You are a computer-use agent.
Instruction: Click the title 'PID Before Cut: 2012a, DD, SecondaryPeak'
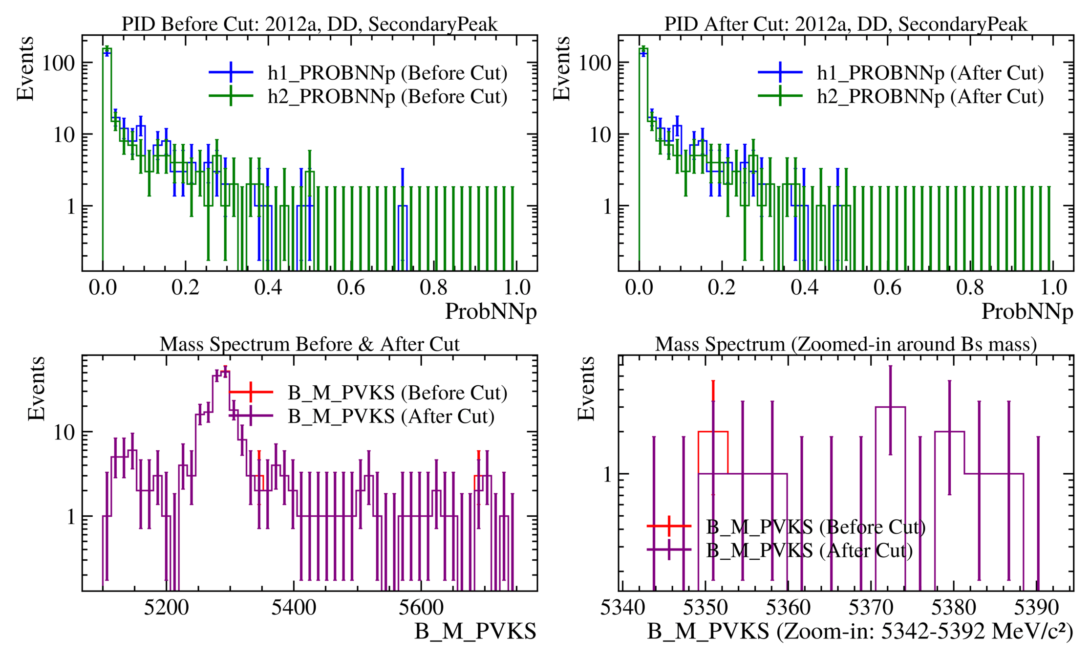coord(309,24)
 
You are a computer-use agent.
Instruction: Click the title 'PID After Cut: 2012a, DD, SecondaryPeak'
coord(845,24)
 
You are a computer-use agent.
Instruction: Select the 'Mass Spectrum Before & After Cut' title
coord(309,344)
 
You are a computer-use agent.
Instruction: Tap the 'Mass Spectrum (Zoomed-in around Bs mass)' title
coord(845,344)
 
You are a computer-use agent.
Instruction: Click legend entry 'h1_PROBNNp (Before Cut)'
coord(387,73)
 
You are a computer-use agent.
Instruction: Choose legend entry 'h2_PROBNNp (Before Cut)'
coord(387,96)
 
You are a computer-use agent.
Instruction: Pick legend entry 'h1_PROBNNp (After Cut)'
coord(930,73)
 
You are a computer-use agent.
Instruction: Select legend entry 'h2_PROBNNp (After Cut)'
coord(930,96)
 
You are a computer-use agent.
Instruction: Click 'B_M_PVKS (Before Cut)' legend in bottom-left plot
coord(397,393)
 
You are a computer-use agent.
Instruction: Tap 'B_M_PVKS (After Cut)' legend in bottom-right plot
coord(809,550)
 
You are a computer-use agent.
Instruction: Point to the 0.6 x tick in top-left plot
coord(351,287)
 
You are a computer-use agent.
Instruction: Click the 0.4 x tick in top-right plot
coord(804,287)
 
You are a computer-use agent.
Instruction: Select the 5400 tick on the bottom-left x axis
coord(294,608)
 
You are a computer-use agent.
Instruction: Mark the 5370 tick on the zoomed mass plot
coord(871,608)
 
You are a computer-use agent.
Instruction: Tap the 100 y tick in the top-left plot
coord(58,63)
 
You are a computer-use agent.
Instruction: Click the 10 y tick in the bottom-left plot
coord(64,432)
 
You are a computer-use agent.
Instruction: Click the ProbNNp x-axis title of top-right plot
coord(1027,311)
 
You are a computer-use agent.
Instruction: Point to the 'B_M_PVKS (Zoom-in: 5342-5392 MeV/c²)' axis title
coord(860,631)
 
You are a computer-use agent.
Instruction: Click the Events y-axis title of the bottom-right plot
coord(586,389)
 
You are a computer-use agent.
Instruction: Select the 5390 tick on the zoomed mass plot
coord(1036,608)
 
